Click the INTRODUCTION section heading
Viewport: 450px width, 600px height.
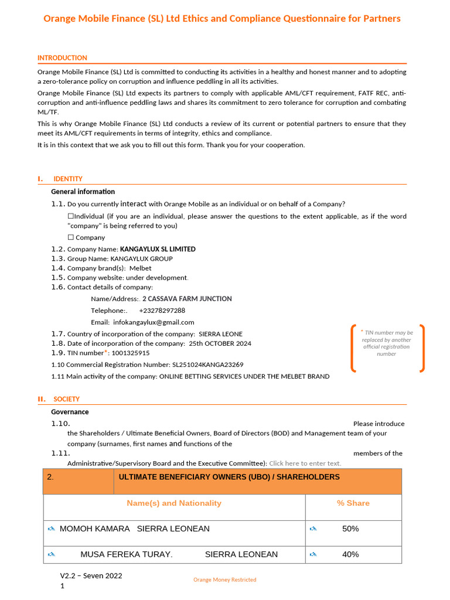(62, 58)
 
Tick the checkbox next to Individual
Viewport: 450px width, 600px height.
(70, 217)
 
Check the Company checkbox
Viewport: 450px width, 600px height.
(70, 238)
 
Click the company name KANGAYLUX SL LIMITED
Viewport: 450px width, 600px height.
(158, 249)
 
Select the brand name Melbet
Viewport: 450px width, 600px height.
(140, 268)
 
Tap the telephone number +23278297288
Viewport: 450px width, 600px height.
(162, 311)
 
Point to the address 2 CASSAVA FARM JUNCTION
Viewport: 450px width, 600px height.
(187, 299)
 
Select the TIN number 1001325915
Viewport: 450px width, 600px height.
(130, 353)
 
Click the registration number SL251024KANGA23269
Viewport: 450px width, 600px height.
(207, 364)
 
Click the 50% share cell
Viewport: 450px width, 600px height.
(350, 529)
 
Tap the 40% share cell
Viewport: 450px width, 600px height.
(350, 554)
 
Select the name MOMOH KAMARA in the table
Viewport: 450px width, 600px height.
(95, 529)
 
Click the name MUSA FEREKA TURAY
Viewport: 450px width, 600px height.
(126, 554)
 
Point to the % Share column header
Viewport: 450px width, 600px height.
(353, 503)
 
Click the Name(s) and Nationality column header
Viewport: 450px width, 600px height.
(174, 503)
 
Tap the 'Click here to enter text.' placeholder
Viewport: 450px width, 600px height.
(305, 463)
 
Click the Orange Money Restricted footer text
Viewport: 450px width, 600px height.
(225, 579)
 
